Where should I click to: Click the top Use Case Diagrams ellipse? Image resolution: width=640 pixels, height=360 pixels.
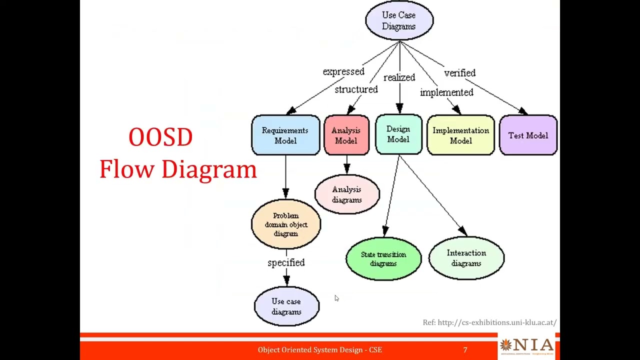click(399, 20)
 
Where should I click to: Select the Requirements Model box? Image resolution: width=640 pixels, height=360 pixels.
click(285, 135)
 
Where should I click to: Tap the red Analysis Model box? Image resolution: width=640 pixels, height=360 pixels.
click(346, 135)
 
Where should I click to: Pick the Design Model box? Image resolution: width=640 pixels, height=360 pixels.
click(398, 134)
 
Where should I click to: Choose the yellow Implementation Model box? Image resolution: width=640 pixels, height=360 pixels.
click(461, 135)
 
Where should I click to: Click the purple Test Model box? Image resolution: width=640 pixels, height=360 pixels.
click(528, 135)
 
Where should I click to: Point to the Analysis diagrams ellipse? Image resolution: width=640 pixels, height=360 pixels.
click(347, 194)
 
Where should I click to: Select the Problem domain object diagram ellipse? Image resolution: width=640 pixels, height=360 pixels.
click(286, 224)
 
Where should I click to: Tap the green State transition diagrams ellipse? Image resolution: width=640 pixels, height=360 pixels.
click(383, 259)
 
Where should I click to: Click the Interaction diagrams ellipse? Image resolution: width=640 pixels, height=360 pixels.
click(466, 258)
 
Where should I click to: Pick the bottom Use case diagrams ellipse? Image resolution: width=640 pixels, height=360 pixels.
click(286, 306)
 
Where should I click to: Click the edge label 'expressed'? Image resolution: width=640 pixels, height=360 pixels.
click(343, 71)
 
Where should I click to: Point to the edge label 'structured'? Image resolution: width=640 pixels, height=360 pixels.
click(356, 89)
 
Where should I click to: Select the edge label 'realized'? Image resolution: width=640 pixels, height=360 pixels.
click(399, 77)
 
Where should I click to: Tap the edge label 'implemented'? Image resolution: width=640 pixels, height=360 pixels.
click(446, 92)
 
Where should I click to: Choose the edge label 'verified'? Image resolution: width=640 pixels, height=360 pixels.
click(460, 73)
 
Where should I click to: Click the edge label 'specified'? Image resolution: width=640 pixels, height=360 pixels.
click(286, 262)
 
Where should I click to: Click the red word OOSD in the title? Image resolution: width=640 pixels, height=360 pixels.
click(160, 137)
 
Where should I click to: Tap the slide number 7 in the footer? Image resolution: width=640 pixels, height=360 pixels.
click(465, 350)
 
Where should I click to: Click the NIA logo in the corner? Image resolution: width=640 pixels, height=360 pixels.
click(526, 346)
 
